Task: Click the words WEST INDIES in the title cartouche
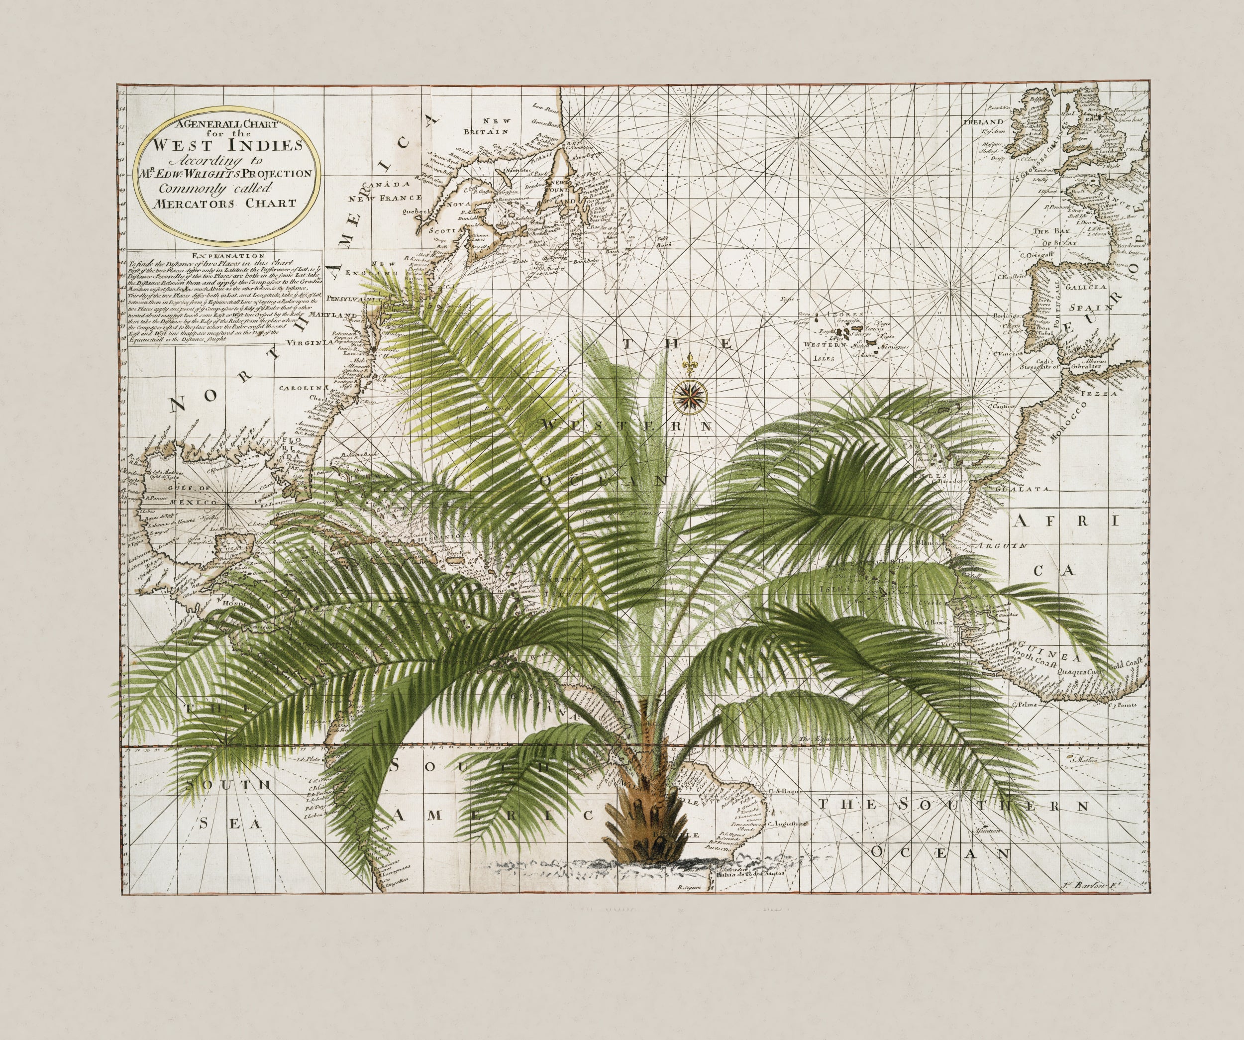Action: (228, 145)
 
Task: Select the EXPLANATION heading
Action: (226, 256)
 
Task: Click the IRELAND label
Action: (978, 121)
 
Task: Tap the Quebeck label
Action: (414, 211)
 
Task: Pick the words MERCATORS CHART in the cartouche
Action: (226, 203)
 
